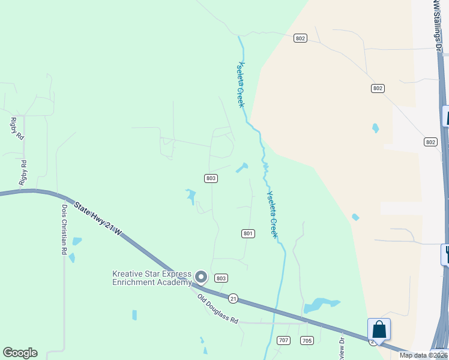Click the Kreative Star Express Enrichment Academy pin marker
pyautogui.click(x=201, y=277)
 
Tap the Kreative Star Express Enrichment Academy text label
pyautogui.click(x=152, y=278)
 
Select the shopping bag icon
pyautogui.click(x=379, y=329)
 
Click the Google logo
pyautogui.click(x=20, y=353)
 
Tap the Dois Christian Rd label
pyautogui.click(x=64, y=229)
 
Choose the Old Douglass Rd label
pyautogui.click(x=218, y=308)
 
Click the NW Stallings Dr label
pyautogui.click(x=437, y=24)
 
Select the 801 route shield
pyautogui.click(x=249, y=233)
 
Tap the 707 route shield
pyautogui.click(x=284, y=341)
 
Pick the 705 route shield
pyautogui.click(x=306, y=341)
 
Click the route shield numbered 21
pyautogui.click(x=234, y=298)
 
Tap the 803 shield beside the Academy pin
pyautogui.click(x=221, y=278)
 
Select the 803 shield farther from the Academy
pyautogui.click(x=210, y=178)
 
